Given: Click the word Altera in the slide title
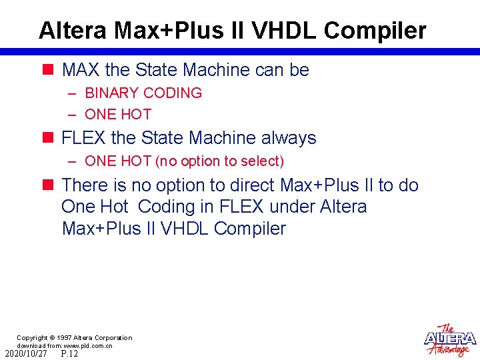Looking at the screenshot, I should tap(73, 30).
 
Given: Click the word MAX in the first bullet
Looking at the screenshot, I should tap(81, 69).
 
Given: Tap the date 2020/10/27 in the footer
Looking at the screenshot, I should tap(26, 354).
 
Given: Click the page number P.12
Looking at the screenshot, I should tap(69, 354).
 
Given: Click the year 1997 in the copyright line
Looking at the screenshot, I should tap(64, 338).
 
